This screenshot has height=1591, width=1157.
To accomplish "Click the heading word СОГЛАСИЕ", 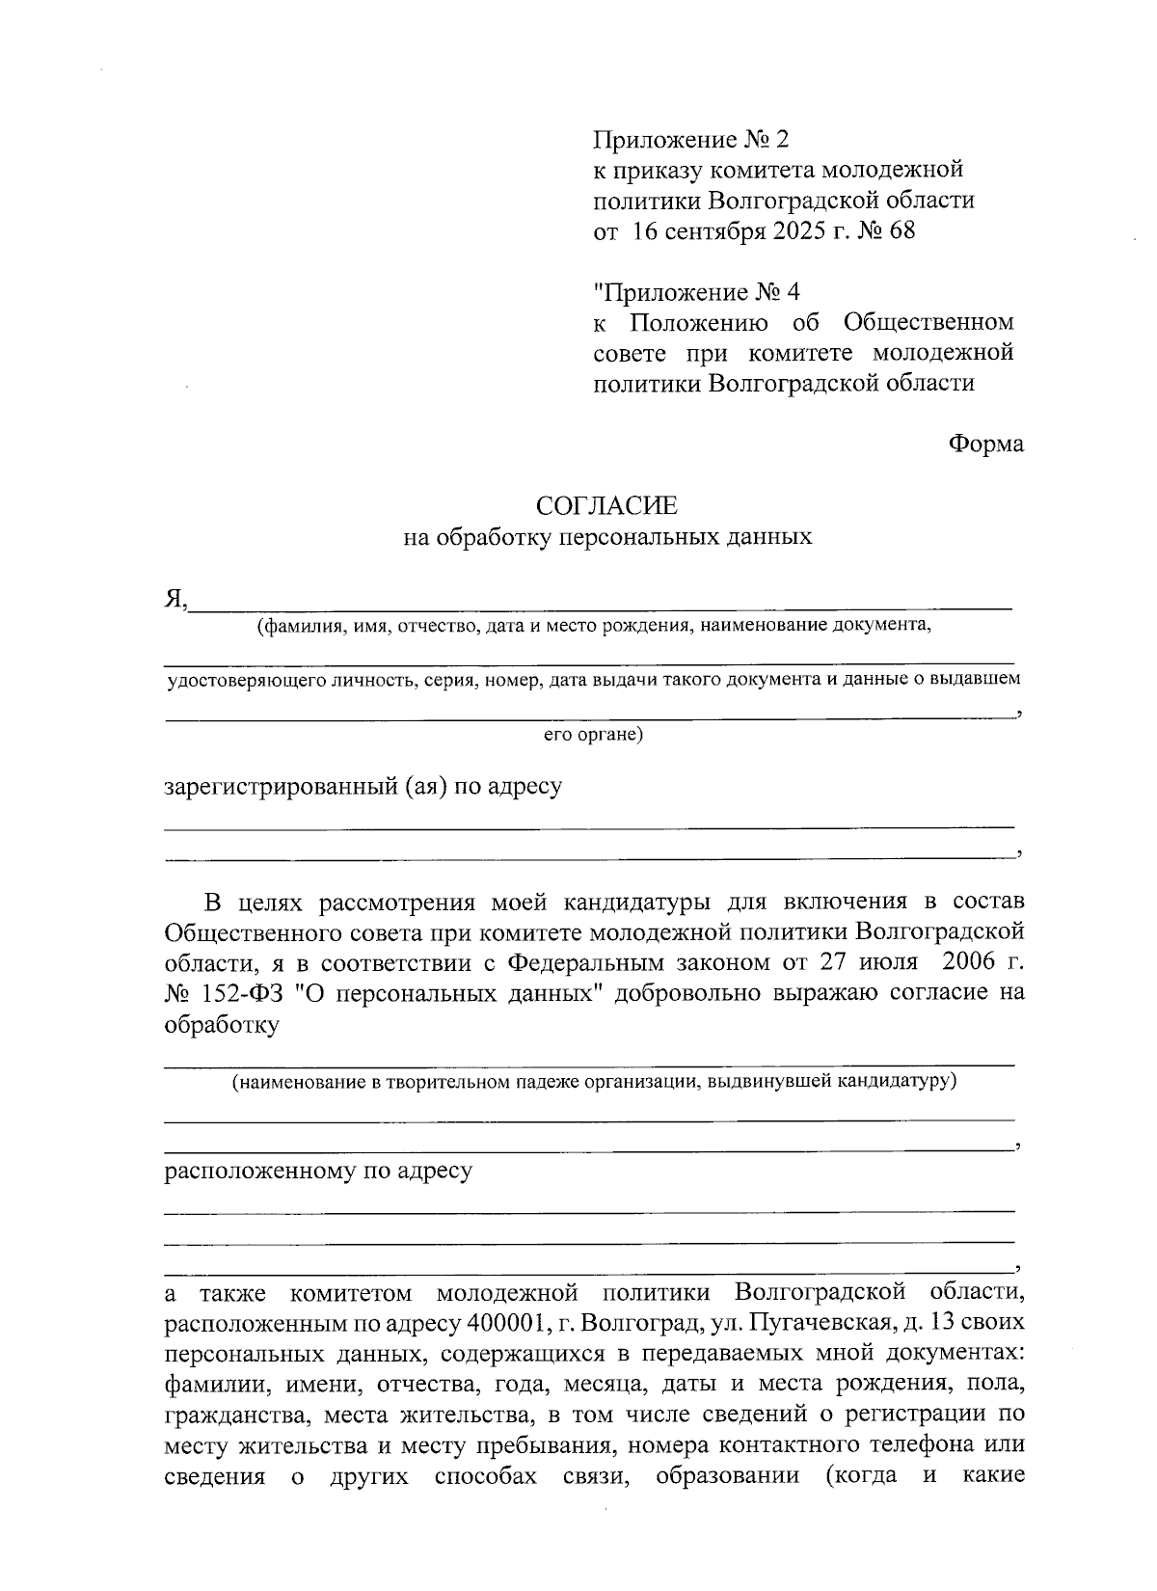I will coord(606,505).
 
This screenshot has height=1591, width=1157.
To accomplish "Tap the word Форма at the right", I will coord(985,445).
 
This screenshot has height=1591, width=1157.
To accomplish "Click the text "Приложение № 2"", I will coord(689,141).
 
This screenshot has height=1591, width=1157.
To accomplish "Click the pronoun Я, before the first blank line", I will coord(175,600).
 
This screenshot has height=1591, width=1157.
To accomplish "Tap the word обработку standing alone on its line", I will coord(222,1025).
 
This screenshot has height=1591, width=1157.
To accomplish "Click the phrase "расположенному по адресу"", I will coord(318,1172).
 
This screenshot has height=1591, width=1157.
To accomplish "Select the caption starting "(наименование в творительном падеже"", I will coord(593,1081).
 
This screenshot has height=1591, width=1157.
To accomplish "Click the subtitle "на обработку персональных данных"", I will coord(606,537).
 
